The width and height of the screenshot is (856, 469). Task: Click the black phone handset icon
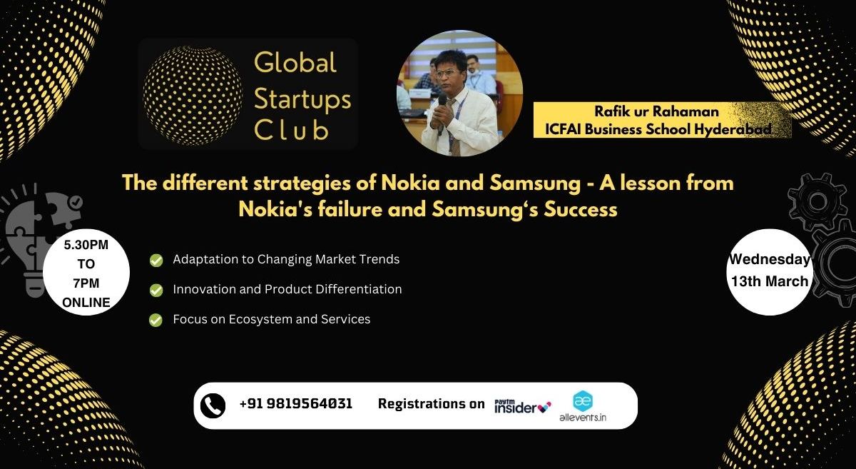pyautogui.click(x=213, y=405)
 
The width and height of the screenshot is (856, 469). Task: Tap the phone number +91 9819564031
pyautogui.click(x=296, y=403)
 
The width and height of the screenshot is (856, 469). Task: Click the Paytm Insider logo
pyautogui.click(x=522, y=406)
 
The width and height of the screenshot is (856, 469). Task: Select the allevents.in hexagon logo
pyautogui.click(x=583, y=401)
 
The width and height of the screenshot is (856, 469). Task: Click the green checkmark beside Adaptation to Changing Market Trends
pyautogui.click(x=156, y=261)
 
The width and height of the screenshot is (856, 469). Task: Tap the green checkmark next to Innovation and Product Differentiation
pyautogui.click(x=156, y=291)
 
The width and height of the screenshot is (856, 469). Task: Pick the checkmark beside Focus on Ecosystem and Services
pyautogui.click(x=156, y=321)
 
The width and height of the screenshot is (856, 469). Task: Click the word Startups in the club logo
pyautogui.click(x=302, y=99)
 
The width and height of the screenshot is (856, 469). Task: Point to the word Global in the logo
pyautogui.click(x=295, y=62)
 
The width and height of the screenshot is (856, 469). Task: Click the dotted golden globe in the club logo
pyautogui.click(x=192, y=95)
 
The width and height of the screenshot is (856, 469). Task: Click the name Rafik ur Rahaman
pyautogui.click(x=656, y=111)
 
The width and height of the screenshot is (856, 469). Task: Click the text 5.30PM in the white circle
pyautogui.click(x=86, y=245)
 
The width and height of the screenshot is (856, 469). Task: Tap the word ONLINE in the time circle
pyautogui.click(x=86, y=303)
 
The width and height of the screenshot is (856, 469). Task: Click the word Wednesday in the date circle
pyautogui.click(x=769, y=259)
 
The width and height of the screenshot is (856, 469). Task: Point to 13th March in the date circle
pyautogui.click(x=769, y=281)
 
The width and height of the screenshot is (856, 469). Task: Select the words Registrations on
pyautogui.click(x=431, y=404)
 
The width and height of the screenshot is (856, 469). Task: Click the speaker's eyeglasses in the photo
pyautogui.click(x=447, y=73)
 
